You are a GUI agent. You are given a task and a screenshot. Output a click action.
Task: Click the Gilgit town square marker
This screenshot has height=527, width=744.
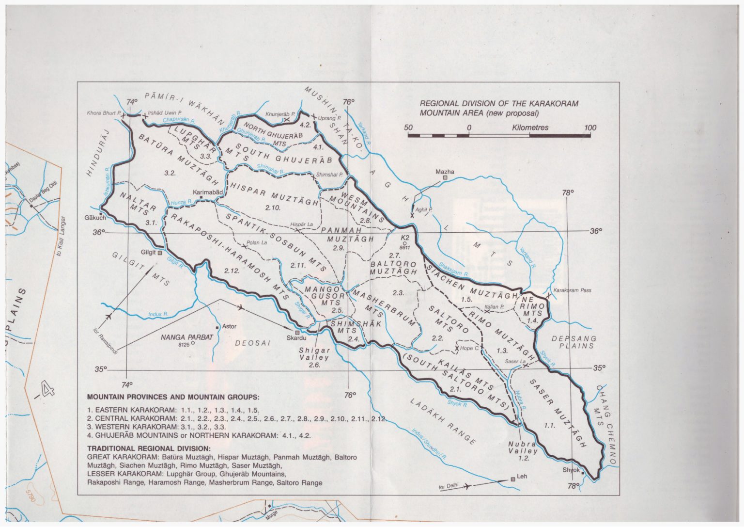pos(160,253)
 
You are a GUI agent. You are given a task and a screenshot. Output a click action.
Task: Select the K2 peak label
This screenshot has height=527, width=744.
pos(405,238)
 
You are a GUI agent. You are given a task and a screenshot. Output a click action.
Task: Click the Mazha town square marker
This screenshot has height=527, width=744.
pos(445,178)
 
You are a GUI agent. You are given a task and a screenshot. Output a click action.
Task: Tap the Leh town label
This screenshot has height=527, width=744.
pos(522,476)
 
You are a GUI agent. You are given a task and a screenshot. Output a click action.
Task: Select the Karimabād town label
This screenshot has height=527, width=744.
pos(208,192)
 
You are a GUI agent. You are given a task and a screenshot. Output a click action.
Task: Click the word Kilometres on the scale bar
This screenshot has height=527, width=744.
pos(530,128)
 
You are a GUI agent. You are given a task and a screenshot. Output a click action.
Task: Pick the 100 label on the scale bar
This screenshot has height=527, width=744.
pos(590,128)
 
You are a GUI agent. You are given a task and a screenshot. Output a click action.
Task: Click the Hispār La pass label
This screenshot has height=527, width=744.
pos(301,224)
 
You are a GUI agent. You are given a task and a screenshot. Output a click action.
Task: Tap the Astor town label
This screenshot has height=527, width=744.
pos(229,326)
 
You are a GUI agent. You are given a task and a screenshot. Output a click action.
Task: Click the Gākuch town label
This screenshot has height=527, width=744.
pos(95,218)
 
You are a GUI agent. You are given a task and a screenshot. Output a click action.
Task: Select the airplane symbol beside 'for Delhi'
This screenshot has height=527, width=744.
pos(466,486)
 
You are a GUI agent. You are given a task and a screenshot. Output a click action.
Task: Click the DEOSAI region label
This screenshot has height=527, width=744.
pos(252,343)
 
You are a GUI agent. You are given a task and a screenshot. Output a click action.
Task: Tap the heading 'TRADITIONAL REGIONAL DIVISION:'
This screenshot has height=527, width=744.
pos(149,448)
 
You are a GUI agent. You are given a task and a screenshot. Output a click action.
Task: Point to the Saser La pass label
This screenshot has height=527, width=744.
pos(515,362)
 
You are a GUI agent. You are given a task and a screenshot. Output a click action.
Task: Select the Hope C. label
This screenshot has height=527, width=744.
pos(469,348)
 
